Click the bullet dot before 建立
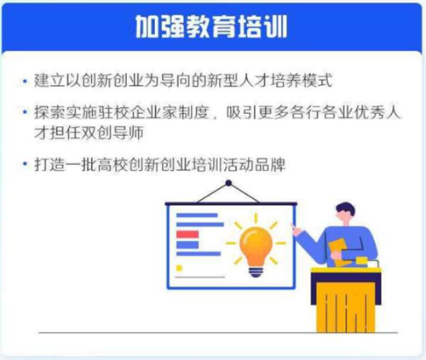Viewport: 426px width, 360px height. [25, 83]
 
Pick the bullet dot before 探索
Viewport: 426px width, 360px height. [25, 111]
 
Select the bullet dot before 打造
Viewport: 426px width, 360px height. [25, 163]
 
